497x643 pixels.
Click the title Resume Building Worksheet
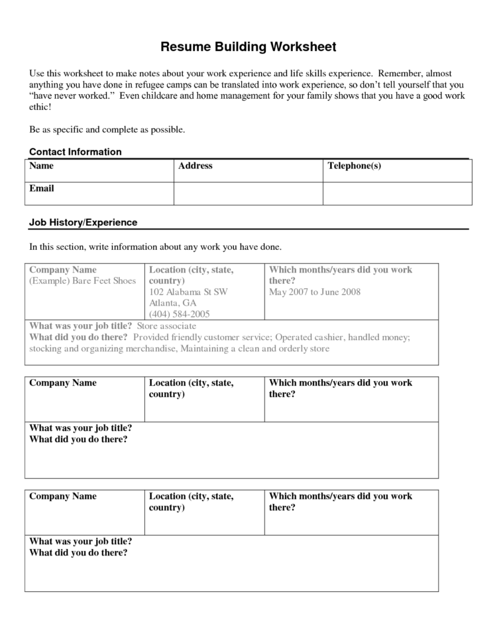click(248, 47)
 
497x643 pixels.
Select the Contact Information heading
click(76, 152)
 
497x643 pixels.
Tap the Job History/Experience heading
click(83, 223)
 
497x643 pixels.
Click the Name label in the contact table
click(42, 166)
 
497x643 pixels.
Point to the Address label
click(195, 166)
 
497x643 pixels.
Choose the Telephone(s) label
click(355, 166)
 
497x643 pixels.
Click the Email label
click(42, 188)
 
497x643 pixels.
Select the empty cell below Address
click(248, 193)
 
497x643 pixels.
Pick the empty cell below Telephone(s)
click(397, 193)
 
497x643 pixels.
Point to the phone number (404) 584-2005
click(180, 314)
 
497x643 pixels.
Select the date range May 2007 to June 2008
click(315, 292)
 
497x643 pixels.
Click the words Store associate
click(166, 326)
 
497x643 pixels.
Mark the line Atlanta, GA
click(173, 303)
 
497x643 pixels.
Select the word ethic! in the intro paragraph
click(40, 107)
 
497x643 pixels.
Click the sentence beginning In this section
click(156, 247)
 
